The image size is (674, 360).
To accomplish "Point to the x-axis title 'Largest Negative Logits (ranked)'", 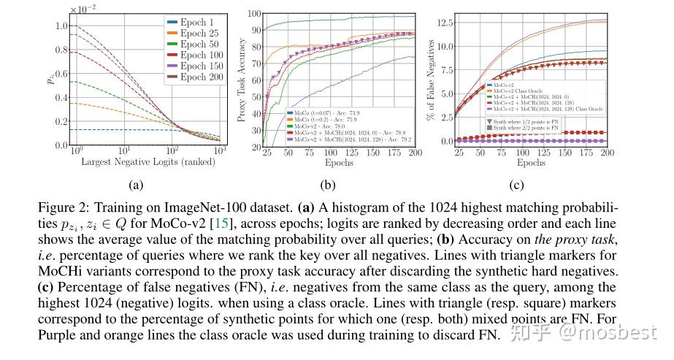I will [142, 161].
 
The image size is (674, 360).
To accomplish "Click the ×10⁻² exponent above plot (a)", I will [83, 9].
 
